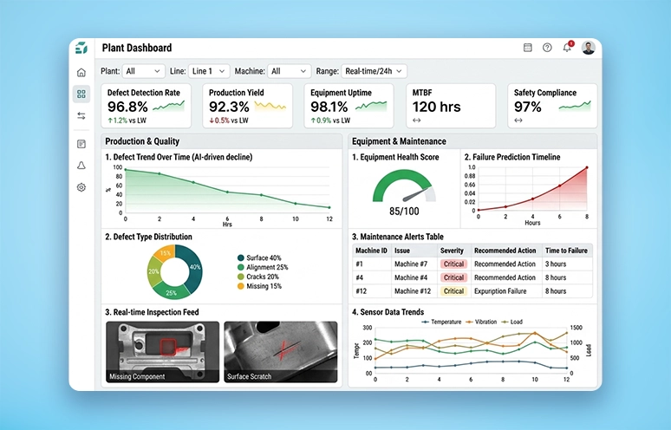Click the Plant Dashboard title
[x=136, y=49]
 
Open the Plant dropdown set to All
[x=143, y=71]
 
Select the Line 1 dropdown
[x=210, y=71]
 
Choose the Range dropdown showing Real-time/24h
[x=373, y=71]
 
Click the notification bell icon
[x=567, y=48]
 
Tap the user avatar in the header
[x=589, y=48]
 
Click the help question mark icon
[x=547, y=48]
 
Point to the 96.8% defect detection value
[x=127, y=107]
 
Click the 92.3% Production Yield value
[x=229, y=107]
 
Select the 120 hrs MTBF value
[x=436, y=107]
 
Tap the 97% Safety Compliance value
[x=528, y=107]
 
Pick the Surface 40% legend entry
[x=263, y=257]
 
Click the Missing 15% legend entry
[x=263, y=286]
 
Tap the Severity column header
[x=452, y=250]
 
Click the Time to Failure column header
[x=566, y=250]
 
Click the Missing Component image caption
[x=135, y=377]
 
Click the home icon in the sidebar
[x=81, y=73]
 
